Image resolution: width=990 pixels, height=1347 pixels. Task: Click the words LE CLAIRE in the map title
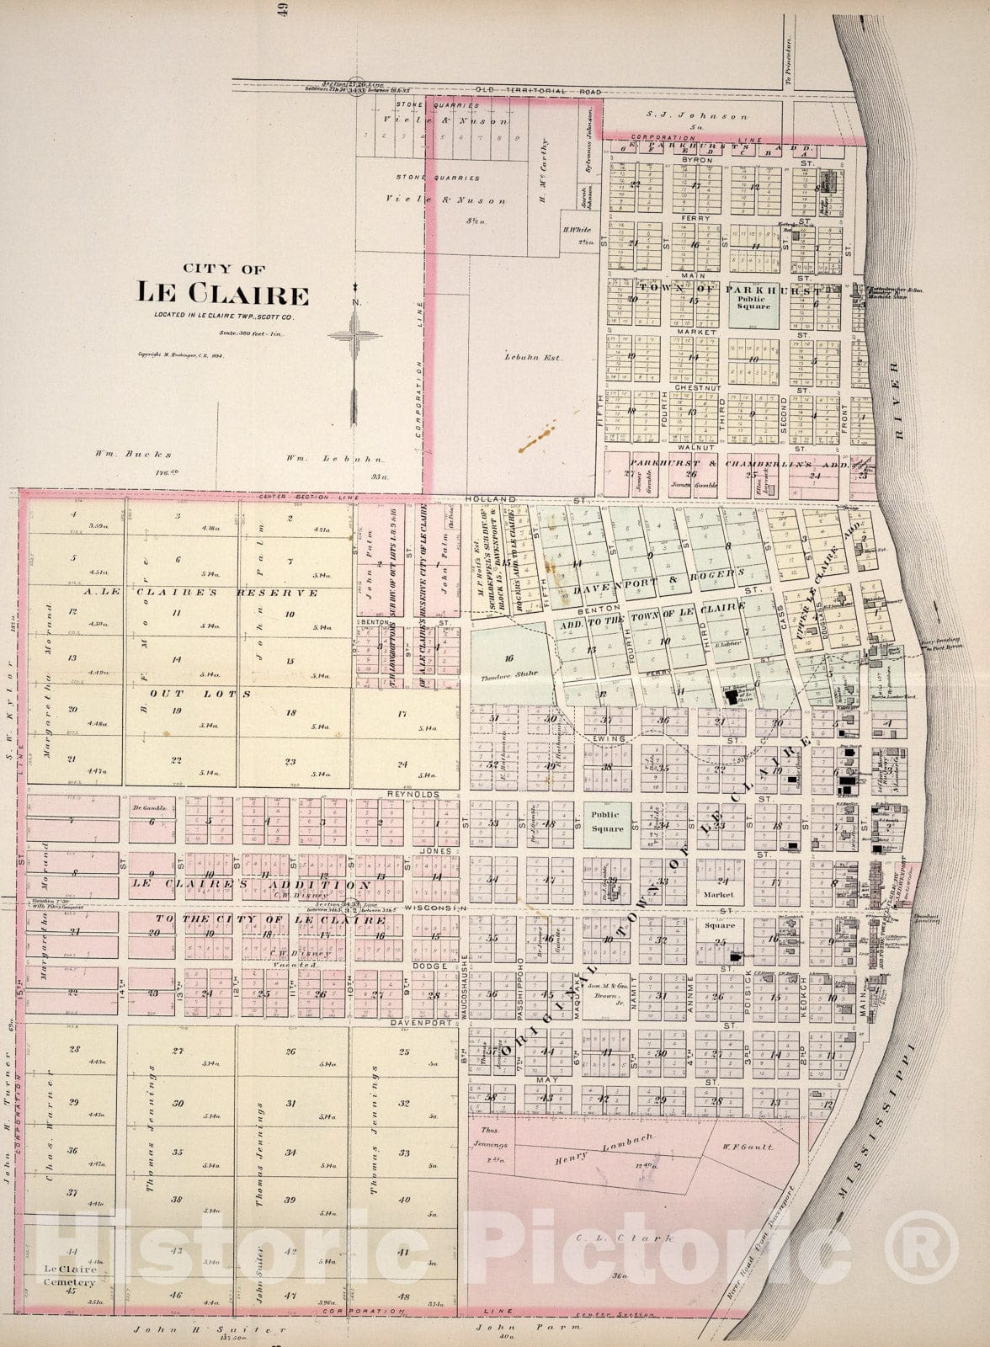223,294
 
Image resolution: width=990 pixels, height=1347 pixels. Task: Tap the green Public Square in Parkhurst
753,302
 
